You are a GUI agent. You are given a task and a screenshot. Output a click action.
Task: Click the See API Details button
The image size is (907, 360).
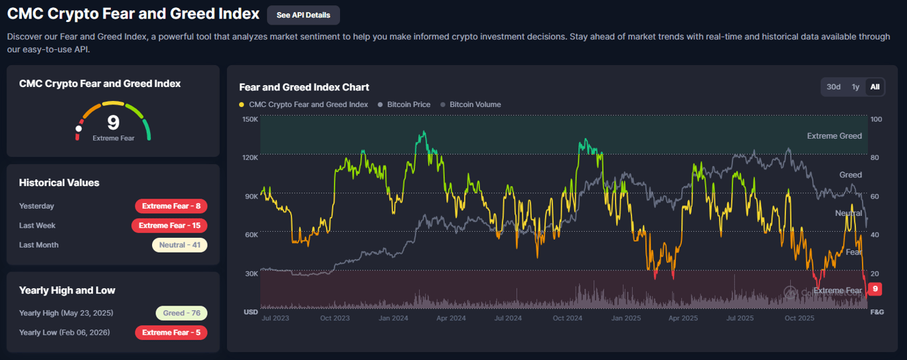click(303, 15)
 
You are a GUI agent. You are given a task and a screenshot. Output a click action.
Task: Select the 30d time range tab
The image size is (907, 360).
click(833, 87)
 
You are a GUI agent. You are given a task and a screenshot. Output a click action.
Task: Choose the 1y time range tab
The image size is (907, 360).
click(856, 87)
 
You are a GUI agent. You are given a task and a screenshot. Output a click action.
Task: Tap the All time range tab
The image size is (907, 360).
click(875, 87)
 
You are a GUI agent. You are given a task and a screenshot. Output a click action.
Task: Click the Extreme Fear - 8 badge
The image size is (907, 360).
click(171, 206)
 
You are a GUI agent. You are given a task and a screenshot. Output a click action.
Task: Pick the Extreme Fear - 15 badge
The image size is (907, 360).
click(171, 225)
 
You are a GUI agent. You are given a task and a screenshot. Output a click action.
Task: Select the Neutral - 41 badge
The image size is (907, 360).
click(179, 245)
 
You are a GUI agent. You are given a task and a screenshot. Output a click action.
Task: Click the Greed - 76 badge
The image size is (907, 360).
click(181, 313)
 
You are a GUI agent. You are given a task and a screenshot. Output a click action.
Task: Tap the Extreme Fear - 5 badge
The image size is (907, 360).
click(171, 332)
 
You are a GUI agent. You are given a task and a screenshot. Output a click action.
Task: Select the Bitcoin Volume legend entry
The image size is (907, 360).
click(475, 104)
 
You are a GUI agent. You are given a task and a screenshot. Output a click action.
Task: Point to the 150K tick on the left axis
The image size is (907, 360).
click(250, 120)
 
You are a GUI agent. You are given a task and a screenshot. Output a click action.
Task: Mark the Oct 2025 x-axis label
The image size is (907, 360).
click(799, 318)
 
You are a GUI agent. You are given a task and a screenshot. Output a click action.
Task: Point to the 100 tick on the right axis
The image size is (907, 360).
click(876, 120)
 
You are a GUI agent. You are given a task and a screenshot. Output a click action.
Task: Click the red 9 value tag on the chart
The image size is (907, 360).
click(875, 289)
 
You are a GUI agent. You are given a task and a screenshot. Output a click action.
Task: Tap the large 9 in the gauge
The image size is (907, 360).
click(113, 122)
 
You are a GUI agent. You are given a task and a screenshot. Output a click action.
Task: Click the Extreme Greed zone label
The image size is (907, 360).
click(834, 136)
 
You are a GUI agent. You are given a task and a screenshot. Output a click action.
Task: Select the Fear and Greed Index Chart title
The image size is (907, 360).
click(304, 87)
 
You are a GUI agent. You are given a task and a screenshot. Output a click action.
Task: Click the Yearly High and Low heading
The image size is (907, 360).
click(67, 290)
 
